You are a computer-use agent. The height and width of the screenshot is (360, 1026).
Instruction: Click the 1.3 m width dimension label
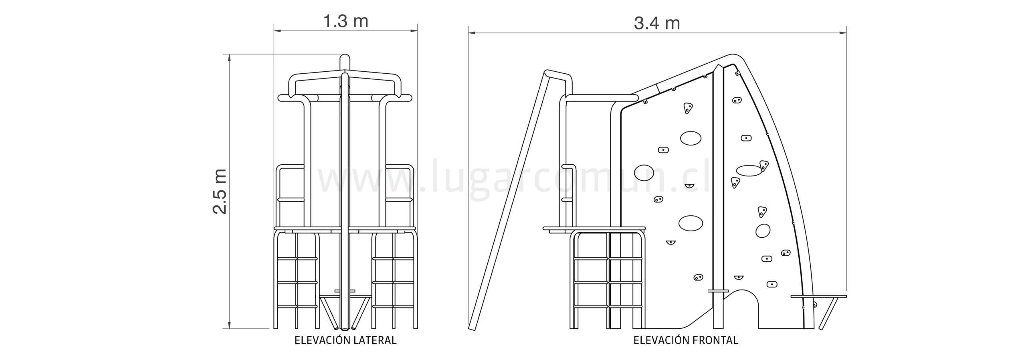[345, 21]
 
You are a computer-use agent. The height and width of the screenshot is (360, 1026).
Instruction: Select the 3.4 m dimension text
[657, 23]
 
